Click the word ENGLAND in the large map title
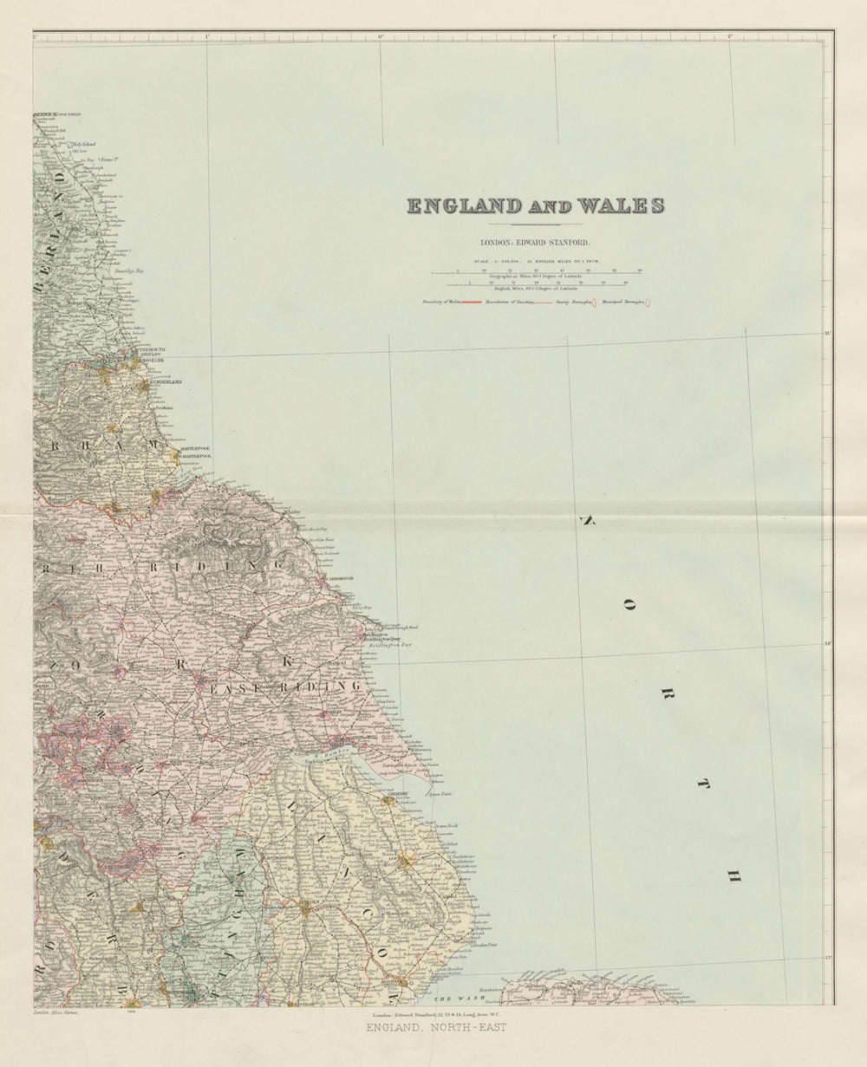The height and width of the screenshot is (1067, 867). click(465, 206)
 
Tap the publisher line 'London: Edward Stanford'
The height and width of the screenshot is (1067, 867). click(535, 244)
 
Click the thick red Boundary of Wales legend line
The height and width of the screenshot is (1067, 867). click(471, 302)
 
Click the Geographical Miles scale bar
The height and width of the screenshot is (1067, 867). click(536, 272)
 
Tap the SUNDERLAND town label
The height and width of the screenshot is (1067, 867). click(166, 381)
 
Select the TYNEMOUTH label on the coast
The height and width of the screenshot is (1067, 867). click(149, 350)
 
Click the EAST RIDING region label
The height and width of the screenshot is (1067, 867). click(286, 687)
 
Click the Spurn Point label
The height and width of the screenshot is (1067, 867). click(441, 793)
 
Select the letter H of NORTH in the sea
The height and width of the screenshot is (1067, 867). click(733, 877)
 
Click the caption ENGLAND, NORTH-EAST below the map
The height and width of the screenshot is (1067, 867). click(435, 1028)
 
